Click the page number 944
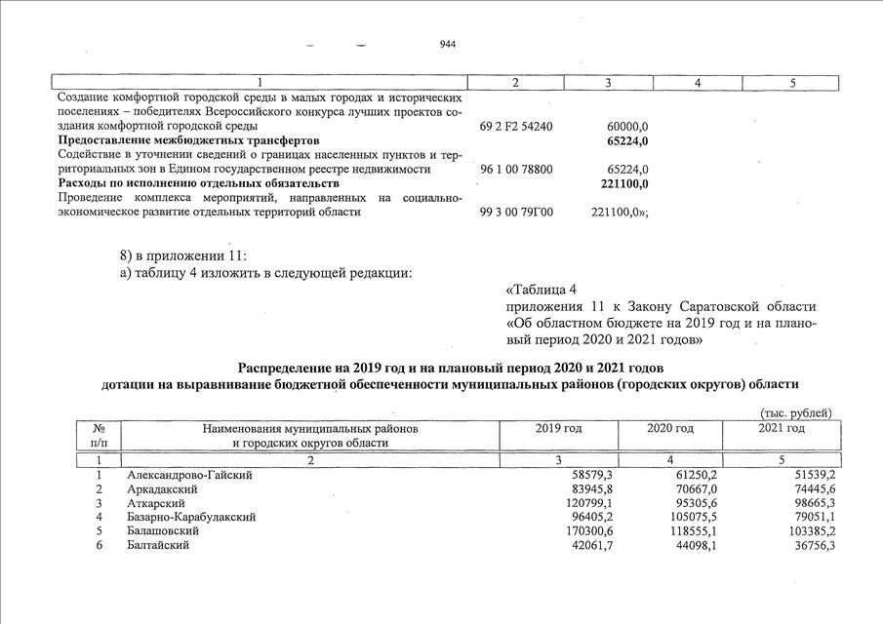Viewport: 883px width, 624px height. pyautogui.click(x=448, y=45)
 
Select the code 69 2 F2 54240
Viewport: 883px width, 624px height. pyautogui.click(x=517, y=127)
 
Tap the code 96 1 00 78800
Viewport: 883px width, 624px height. pyautogui.click(x=517, y=170)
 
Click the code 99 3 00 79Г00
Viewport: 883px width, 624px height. pyautogui.click(x=517, y=212)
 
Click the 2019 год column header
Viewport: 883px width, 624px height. pyautogui.click(x=559, y=429)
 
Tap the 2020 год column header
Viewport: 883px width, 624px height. pyautogui.click(x=670, y=429)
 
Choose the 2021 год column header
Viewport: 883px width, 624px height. pyautogui.click(x=782, y=429)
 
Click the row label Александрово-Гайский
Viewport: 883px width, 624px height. pyautogui.click(x=190, y=475)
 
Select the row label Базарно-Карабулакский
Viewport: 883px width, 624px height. pyautogui.click(x=191, y=517)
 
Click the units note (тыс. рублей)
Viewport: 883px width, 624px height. pyautogui.click(x=795, y=413)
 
